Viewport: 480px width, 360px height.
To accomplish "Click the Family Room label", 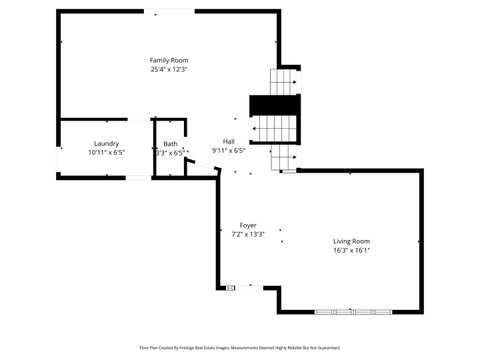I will (169, 61).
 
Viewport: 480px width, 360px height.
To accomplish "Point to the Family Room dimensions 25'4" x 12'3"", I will (169, 70).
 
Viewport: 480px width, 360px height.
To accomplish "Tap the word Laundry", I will (106, 144).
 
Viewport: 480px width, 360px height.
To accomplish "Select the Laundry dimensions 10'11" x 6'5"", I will (106, 153).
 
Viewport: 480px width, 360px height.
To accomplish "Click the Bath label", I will (170, 144).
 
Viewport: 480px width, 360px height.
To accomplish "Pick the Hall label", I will (228, 142).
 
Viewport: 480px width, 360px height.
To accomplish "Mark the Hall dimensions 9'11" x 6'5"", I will (228, 151).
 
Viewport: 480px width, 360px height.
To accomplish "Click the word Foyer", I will (248, 225).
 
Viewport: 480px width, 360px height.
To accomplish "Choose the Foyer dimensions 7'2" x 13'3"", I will (248, 234).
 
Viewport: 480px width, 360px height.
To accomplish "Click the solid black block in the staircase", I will (274, 104).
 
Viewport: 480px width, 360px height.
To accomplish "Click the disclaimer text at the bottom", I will (240, 348).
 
